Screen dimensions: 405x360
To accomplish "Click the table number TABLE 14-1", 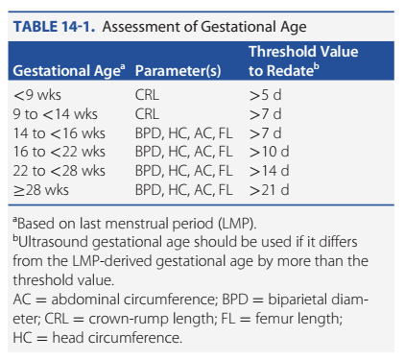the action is (54, 27).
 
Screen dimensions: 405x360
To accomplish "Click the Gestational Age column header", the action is (69, 71).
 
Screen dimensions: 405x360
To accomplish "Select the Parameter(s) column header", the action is (178, 71).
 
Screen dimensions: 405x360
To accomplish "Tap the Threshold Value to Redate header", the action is (303, 61).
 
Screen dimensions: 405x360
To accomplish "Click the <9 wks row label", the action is (37, 95).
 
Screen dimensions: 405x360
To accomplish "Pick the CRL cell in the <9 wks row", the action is (147, 95).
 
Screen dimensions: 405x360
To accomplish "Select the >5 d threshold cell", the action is (265, 95).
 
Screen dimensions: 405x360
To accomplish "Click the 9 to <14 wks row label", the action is (56, 114).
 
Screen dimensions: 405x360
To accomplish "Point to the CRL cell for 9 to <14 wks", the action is (147, 114).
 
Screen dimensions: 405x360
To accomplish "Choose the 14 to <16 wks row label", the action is (60, 133).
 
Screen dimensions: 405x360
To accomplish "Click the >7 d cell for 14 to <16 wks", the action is (265, 133).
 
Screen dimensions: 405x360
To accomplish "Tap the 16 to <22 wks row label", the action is (60, 152).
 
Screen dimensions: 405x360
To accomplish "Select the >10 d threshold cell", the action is (269, 152).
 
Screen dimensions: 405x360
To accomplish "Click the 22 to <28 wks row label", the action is (60, 171).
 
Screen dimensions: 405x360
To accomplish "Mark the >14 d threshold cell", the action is (269, 171).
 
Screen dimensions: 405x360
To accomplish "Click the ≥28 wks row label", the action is (41, 190).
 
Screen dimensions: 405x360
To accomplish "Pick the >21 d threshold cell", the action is (269, 190).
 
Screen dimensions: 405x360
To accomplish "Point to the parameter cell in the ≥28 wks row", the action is (183, 190).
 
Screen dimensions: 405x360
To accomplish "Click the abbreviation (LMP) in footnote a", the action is (237, 224).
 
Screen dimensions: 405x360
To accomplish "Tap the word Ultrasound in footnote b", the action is (54, 242).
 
